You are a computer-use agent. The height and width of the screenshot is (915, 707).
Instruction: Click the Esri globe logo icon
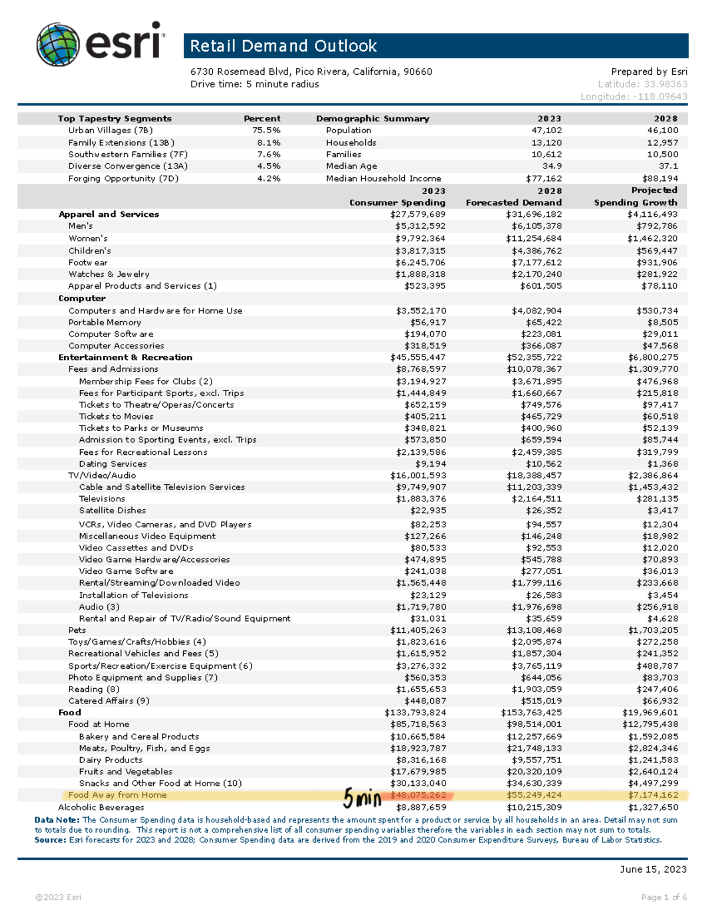[58, 44]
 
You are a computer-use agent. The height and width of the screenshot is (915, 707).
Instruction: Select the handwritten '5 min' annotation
[362, 798]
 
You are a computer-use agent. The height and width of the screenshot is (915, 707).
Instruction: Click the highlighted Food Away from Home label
[117, 795]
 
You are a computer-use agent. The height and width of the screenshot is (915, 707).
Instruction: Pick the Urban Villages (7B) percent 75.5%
[266, 130]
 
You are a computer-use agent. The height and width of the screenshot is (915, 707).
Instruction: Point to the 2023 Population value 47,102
[546, 130]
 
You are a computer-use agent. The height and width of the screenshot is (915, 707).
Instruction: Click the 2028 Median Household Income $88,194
[660, 179]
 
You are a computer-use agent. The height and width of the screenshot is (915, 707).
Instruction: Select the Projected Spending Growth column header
[636, 196]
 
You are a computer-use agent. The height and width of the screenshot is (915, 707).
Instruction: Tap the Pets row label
[77, 630]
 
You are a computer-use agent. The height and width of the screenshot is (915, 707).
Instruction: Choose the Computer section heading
[82, 298]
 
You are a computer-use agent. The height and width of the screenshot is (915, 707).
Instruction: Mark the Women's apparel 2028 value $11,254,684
[534, 239]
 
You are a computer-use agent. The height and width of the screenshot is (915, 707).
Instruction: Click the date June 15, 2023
[653, 869]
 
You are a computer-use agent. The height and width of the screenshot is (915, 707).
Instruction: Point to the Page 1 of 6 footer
[664, 897]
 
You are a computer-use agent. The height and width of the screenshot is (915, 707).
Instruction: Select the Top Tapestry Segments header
[115, 118]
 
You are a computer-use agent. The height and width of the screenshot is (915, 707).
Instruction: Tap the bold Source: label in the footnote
[50, 840]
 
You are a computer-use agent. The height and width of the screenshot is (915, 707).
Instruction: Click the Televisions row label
[102, 498]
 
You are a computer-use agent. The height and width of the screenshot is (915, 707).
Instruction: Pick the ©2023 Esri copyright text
[58, 897]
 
